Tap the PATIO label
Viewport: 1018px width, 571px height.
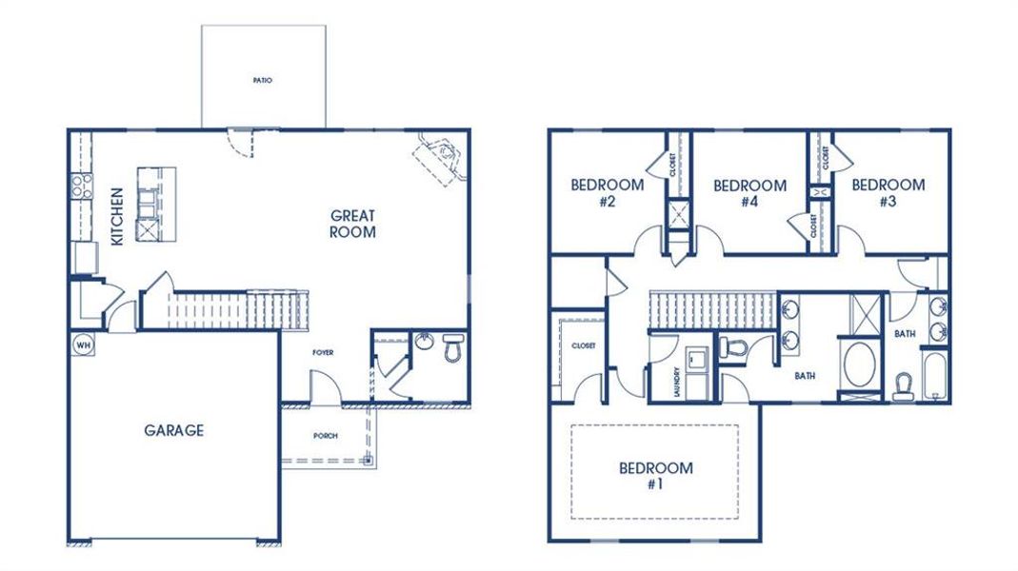pos(263,81)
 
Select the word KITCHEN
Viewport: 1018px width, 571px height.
pos(116,217)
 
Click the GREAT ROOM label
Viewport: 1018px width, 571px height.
pos(352,224)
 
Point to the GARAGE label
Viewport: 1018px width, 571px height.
pos(173,430)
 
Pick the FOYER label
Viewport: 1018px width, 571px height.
pos(323,353)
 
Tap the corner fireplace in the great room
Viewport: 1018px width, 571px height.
pos(440,156)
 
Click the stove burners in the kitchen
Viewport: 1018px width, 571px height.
pos(80,185)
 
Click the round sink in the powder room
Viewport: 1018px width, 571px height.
pos(425,341)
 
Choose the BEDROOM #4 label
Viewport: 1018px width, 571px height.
pos(749,193)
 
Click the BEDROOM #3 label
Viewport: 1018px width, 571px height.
pos(888,193)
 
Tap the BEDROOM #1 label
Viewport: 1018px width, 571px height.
pos(655,475)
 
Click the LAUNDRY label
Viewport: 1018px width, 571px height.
pos(676,383)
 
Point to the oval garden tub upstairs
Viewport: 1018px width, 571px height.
pos(862,365)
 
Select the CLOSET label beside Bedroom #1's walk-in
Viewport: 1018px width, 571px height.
pos(583,346)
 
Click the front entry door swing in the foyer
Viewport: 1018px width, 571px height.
pos(324,388)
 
